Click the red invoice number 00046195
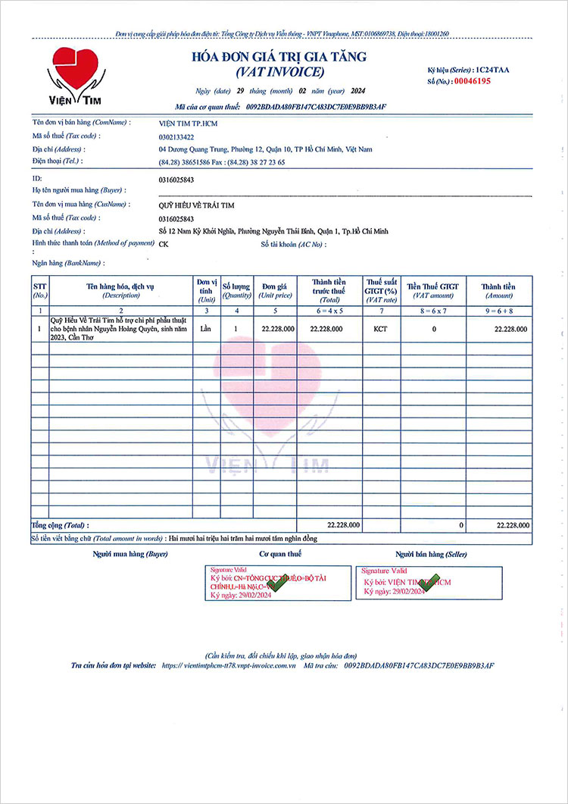[x=472, y=80]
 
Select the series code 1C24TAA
[x=492, y=70]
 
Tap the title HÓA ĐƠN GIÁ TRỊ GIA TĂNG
[x=279, y=57]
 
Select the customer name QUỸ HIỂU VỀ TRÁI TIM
[x=197, y=205]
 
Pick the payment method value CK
[x=164, y=244]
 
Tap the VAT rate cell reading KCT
[x=381, y=330]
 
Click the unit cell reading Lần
[x=206, y=330]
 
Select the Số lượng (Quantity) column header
[x=236, y=291]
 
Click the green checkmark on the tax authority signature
[x=276, y=584]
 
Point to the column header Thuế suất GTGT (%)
[x=381, y=291]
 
